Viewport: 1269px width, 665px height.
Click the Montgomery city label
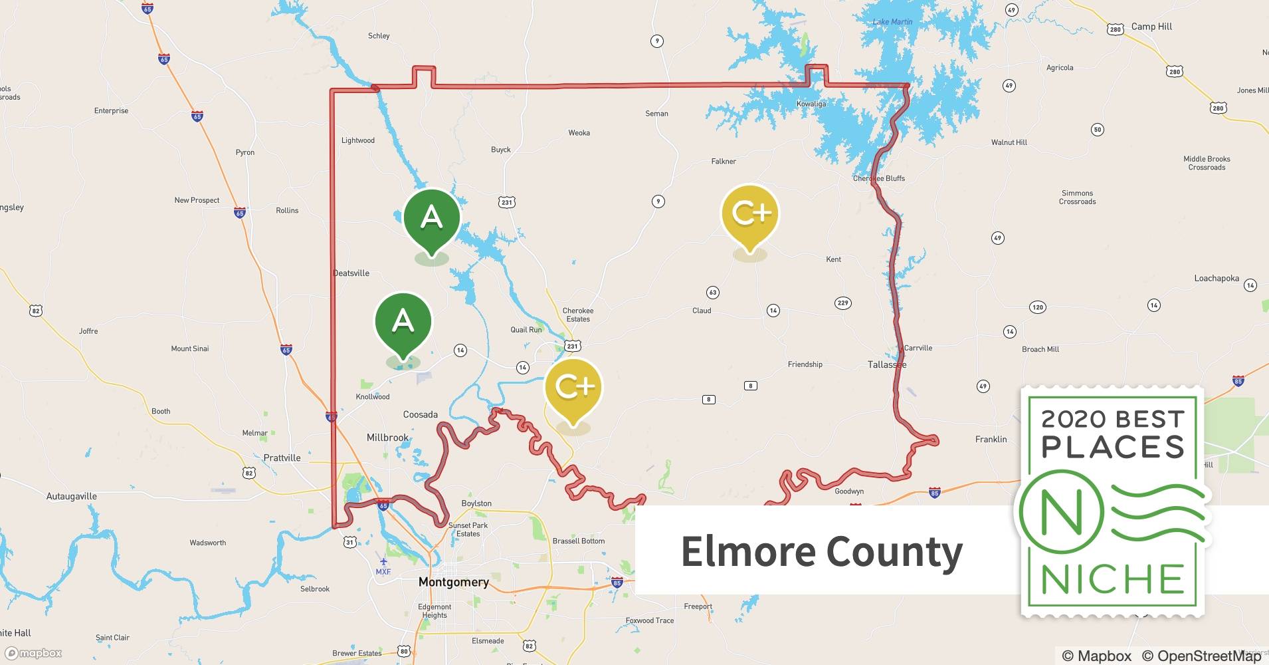454,582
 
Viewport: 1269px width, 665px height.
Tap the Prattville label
282,458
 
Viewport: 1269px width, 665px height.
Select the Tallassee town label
887,364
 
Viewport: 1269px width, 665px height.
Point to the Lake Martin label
892,22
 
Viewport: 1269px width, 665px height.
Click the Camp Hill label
1151,27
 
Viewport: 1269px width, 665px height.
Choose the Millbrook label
388,438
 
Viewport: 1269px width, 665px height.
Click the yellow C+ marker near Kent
750,214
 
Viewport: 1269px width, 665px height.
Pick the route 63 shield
713,293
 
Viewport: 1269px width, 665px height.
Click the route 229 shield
842,303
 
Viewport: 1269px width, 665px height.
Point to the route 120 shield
1037,307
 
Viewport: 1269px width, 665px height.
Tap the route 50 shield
1098,130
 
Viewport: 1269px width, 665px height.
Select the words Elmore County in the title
822,552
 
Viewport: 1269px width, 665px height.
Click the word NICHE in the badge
1112,579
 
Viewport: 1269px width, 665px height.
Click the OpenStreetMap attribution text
1201,656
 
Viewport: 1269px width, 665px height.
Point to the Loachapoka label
1217,279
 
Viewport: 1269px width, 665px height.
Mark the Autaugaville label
72,496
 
